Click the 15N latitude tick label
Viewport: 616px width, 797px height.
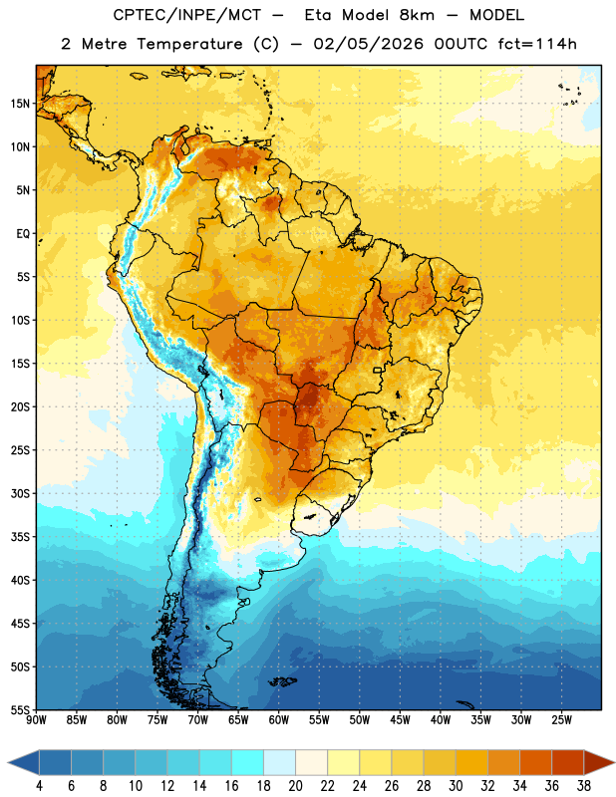(20, 104)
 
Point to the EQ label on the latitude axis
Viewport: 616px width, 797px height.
(23, 234)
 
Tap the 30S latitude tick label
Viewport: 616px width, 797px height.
(20, 493)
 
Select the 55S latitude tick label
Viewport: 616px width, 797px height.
(20, 709)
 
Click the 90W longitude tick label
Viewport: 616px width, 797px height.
(36, 719)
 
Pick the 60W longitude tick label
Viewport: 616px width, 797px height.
(279, 719)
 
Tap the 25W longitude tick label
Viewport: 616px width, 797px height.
(561, 719)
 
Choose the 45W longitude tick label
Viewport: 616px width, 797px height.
(400, 719)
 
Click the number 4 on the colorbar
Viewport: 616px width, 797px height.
(39, 786)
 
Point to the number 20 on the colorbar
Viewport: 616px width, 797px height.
(295, 786)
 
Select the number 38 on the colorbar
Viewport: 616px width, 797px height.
(584, 786)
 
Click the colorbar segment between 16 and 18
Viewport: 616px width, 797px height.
(248, 762)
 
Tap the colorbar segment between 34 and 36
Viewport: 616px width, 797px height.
(536, 762)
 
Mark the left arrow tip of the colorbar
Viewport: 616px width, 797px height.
(8, 762)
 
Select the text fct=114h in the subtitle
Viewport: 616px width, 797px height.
(537, 44)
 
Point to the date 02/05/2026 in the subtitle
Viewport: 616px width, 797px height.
(368, 44)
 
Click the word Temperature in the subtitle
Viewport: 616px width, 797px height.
(189, 44)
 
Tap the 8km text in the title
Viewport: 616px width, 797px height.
(417, 15)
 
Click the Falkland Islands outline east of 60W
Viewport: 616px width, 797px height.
(283, 681)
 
